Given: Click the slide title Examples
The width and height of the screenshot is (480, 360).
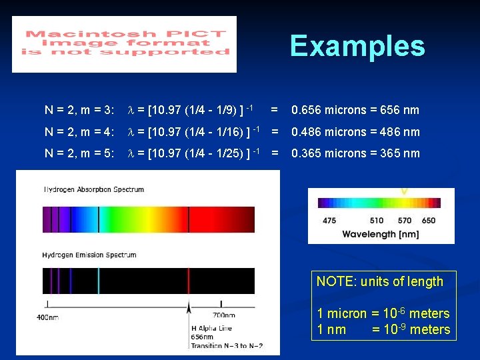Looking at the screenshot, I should click(x=357, y=47).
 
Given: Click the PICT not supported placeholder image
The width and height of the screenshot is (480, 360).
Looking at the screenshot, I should click(x=125, y=44).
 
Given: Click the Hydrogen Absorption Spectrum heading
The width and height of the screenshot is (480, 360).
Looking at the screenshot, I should click(x=94, y=189).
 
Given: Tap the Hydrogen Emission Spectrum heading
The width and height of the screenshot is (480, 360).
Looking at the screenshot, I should click(x=89, y=255).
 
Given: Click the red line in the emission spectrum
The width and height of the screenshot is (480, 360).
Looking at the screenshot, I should click(x=189, y=281).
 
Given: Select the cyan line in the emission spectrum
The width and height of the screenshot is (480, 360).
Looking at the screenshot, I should click(x=99, y=281).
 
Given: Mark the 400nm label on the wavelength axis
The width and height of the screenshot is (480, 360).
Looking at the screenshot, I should click(x=47, y=317).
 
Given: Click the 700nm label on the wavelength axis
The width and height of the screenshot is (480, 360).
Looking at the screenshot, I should click(x=223, y=315).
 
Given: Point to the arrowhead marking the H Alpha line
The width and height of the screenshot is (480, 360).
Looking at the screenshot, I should click(x=189, y=308).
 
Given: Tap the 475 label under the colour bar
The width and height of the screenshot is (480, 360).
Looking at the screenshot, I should click(x=329, y=221).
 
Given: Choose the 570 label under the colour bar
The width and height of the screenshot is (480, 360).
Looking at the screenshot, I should click(x=405, y=221).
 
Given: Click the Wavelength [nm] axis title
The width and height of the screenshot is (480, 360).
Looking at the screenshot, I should click(x=381, y=234).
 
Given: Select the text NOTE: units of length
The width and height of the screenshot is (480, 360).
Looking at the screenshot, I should click(x=380, y=281).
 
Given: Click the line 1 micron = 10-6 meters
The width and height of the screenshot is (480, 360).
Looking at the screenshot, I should click(x=383, y=313).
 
